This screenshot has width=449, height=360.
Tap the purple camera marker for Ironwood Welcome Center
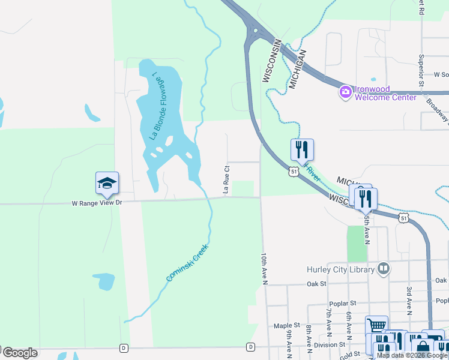click(x=345, y=93)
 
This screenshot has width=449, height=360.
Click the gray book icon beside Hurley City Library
click(x=383, y=269)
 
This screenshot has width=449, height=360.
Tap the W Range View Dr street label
click(x=97, y=203)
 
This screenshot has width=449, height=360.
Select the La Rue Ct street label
click(x=227, y=180)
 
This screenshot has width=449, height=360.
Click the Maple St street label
click(x=286, y=326)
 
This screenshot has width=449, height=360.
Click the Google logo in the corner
click(x=20, y=353)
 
